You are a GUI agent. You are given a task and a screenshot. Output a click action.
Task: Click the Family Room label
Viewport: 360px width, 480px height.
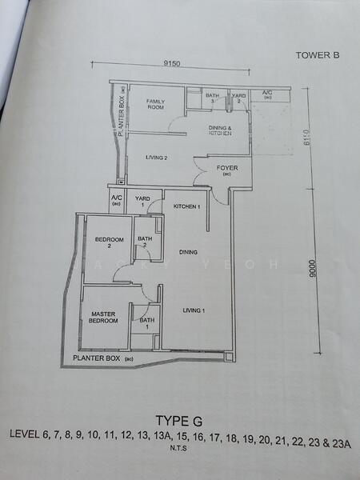[155, 105]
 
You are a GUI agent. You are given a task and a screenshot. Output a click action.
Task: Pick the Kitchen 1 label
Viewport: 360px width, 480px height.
[186, 207]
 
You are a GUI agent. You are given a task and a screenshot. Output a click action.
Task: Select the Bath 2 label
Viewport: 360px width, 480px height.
[144, 242]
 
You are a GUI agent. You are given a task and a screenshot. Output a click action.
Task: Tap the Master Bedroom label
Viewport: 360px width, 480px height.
[104, 318]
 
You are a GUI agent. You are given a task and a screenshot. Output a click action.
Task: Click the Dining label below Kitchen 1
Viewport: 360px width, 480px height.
[188, 252]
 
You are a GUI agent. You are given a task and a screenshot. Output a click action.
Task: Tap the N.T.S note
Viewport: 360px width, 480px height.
[180, 449]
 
